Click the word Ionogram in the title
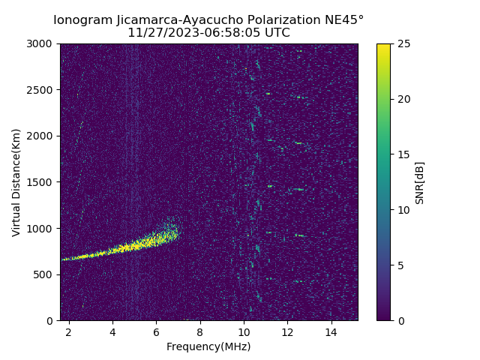(83, 19)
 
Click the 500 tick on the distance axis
(46, 274)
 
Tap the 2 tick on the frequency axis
(69, 331)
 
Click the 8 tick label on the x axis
(200, 331)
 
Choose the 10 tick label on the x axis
(244, 331)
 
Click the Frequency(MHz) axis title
(208, 346)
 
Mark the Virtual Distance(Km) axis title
(16, 182)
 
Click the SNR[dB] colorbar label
(420, 182)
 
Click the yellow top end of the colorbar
(383, 46)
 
